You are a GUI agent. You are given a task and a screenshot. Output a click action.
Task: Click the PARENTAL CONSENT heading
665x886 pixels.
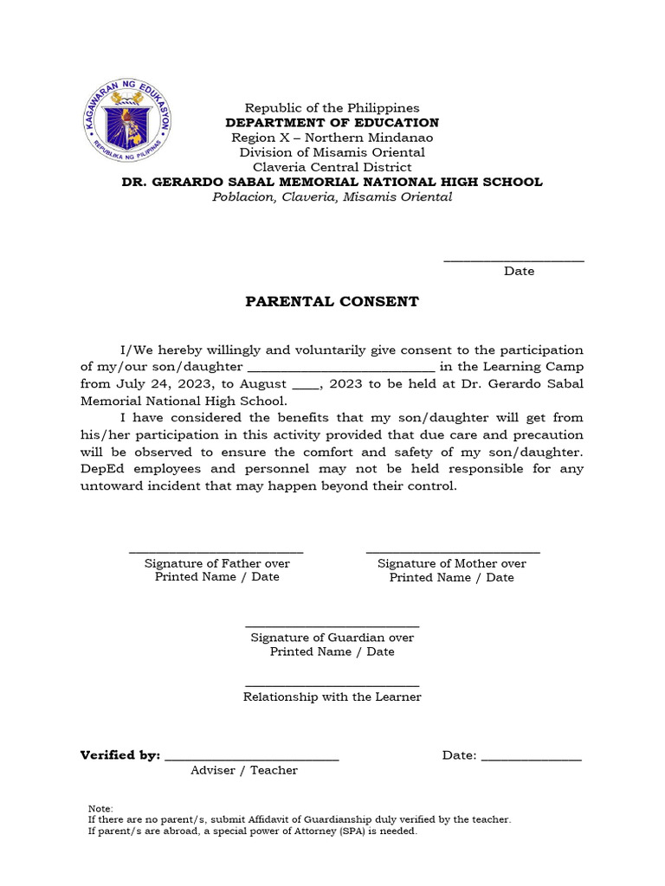(332, 302)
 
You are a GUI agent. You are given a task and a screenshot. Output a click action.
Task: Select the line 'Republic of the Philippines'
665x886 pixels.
(332, 108)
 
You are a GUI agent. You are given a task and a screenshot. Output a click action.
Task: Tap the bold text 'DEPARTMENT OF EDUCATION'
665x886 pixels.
(332, 123)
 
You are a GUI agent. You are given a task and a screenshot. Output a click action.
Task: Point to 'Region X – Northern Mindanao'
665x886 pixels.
(332, 138)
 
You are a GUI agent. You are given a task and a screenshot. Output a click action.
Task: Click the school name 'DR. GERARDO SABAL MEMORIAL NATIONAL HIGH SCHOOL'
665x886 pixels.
(332, 182)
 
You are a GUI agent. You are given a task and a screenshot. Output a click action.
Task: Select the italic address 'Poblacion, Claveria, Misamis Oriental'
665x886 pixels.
(332, 197)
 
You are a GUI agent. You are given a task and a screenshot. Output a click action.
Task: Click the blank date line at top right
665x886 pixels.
(513, 260)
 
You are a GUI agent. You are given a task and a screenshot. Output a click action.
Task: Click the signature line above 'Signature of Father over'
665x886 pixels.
(216, 551)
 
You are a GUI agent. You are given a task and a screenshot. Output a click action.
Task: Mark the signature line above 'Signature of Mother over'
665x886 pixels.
(452, 551)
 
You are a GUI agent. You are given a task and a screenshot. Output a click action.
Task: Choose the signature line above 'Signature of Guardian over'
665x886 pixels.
(332, 626)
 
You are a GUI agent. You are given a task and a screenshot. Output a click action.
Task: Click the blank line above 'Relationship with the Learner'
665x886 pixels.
(332, 684)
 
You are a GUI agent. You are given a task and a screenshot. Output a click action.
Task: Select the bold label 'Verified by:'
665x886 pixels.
(120, 755)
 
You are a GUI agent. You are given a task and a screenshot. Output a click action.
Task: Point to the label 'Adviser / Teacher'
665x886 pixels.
(244, 770)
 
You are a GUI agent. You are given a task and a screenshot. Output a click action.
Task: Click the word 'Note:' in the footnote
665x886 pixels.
(100, 808)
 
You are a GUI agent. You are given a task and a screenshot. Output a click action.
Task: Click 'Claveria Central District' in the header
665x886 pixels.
(332, 167)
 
